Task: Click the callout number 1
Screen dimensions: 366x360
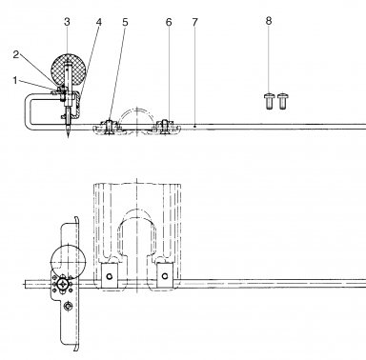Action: tap(14, 80)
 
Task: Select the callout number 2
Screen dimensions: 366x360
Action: tap(16, 54)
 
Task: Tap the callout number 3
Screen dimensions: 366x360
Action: tap(67, 22)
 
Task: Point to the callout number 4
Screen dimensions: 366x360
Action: tap(99, 22)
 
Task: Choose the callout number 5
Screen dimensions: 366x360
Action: tap(125, 22)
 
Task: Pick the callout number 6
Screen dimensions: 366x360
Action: tap(169, 22)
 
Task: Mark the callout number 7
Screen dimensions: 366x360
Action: tap(194, 22)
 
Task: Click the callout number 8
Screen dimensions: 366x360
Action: tap(269, 21)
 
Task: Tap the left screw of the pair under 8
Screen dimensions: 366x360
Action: tap(269, 101)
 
